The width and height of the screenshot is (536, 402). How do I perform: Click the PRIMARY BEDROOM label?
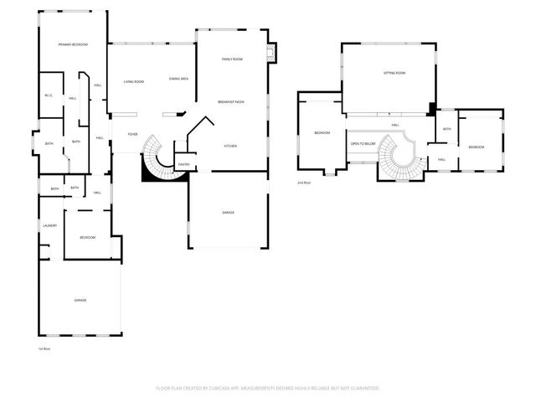[x=73, y=44]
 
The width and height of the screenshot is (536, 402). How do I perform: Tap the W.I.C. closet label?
[x=49, y=95]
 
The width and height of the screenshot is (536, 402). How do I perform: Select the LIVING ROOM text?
[x=134, y=81]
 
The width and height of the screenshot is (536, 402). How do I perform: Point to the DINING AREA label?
[x=178, y=79]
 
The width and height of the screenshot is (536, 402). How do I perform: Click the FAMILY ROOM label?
[x=232, y=59]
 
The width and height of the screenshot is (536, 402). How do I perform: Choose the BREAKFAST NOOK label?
[x=231, y=101]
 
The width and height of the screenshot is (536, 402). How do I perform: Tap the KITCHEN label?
[x=229, y=146]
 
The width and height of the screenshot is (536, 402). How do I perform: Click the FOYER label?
[x=132, y=134]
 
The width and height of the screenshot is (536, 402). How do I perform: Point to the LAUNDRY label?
[x=49, y=225]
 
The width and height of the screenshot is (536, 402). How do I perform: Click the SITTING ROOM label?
[x=394, y=74]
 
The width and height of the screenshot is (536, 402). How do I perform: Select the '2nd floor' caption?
[x=303, y=182]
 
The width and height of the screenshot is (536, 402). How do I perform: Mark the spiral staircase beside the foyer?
[x=155, y=159]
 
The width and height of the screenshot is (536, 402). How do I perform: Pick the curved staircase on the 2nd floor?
[x=392, y=157]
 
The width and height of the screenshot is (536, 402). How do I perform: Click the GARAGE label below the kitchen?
[x=228, y=213]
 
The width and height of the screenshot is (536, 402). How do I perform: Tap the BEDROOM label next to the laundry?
[x=88, y=238]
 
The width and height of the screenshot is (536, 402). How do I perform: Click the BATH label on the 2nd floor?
[x=447, y=129]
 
